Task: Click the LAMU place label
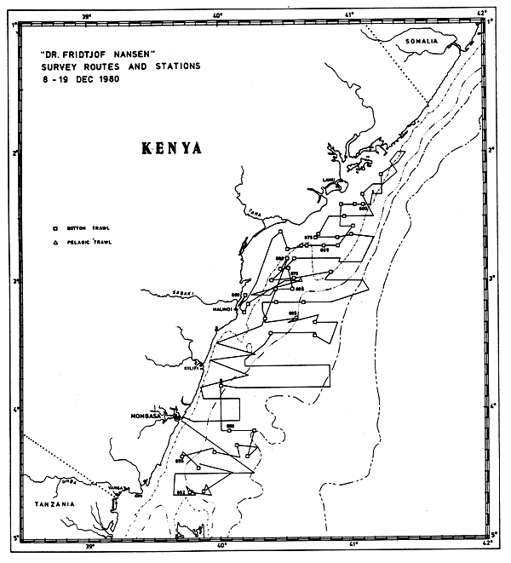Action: point(327,180)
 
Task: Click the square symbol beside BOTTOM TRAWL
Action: point(55,228)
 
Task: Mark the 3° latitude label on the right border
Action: point(492,278)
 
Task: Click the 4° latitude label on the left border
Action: point(14,411)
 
